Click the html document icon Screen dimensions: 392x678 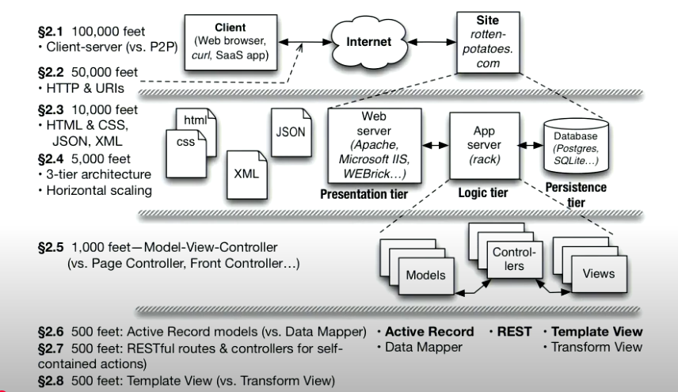pyautogui.click(x=194, y=121)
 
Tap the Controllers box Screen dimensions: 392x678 pyautogui.click(x=515, y=260)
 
